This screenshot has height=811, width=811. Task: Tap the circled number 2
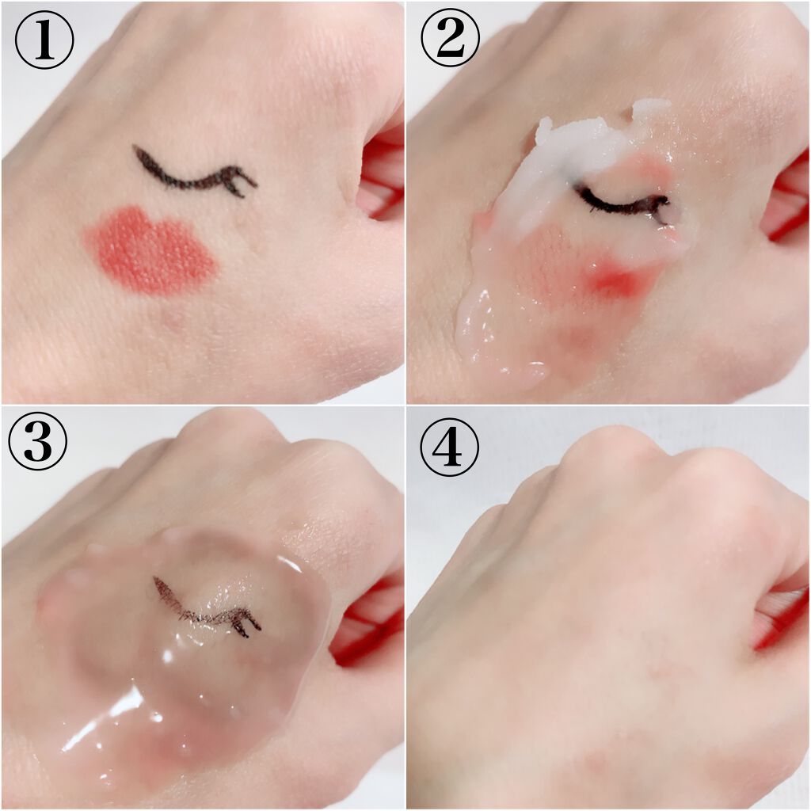[450, 40]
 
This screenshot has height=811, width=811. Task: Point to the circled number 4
[449, 446]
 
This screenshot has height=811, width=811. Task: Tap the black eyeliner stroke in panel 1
[192, 176]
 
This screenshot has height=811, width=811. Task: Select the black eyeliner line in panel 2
[621, 204]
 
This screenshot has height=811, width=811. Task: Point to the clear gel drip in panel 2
[497, 336]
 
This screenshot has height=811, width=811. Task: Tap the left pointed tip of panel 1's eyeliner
[135, 148]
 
